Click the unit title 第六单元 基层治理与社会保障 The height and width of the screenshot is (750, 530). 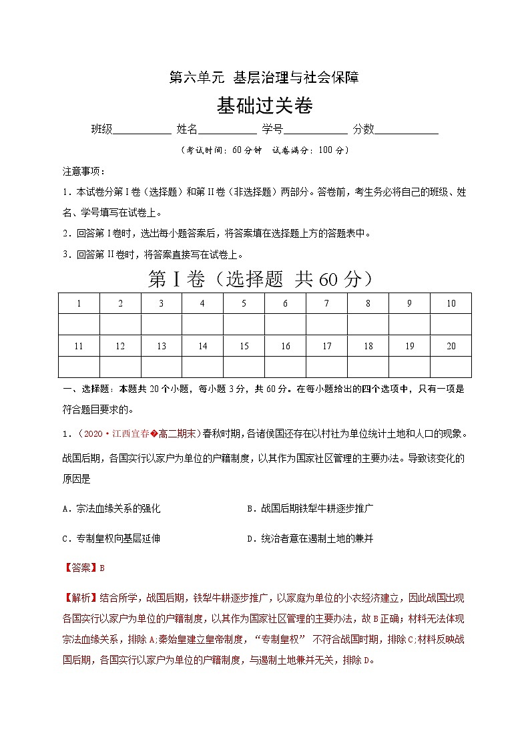264,77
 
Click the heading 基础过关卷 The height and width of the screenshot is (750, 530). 264,106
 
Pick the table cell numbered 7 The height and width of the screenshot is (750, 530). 326,303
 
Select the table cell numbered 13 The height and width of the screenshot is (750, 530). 162,346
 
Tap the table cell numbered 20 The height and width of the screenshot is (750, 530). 451,346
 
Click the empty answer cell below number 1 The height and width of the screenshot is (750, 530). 79,325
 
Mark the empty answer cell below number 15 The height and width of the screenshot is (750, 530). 244,367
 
